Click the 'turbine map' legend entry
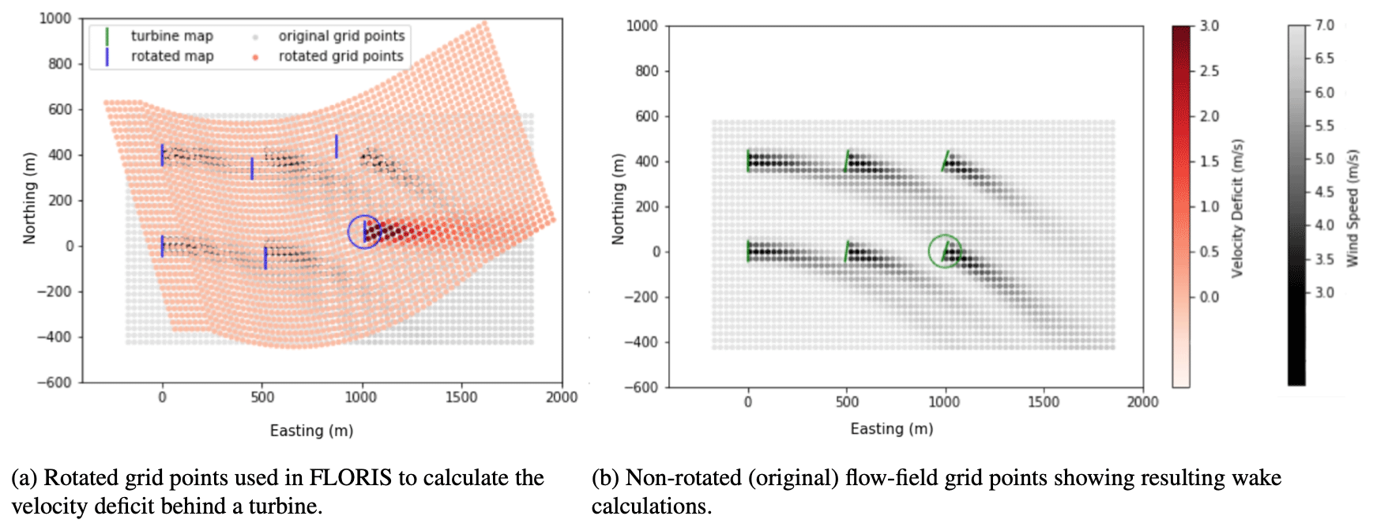point(171,36)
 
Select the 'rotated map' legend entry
point(171,56)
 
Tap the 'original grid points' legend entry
point(340,36)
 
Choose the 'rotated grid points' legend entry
point(340,56)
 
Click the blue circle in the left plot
point(365,232)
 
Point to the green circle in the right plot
point(945,251)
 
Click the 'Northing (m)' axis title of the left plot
point(30,198)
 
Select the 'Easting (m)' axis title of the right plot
point(891,429)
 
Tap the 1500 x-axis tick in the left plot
point(461,397)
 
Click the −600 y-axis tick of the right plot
point(641,387)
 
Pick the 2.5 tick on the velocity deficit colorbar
point(1209,71)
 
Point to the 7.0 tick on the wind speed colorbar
point(1324,25)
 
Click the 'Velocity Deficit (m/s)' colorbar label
point(1237,208)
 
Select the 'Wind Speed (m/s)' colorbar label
point(1352,208)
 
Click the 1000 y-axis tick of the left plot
point(55,18)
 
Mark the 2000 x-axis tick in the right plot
point(1142,402)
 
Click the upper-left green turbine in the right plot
point(749,160)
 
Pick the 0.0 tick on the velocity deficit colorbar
point(1209,297)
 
